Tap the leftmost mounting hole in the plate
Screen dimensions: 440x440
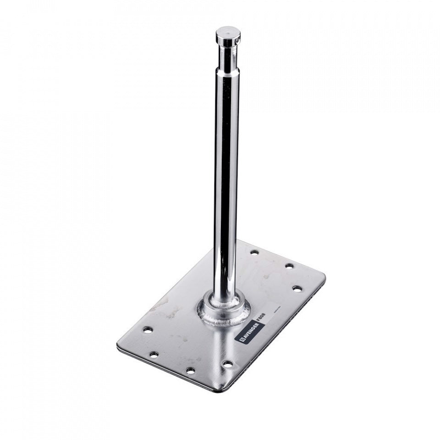(148, 330)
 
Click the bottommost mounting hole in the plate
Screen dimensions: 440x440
(190, 370)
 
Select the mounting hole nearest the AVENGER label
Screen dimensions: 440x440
(227, 364)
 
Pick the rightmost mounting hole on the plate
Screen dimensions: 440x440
(297, 289)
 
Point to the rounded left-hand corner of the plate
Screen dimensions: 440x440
(120, 346)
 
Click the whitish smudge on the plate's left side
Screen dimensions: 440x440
(170, 309)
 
